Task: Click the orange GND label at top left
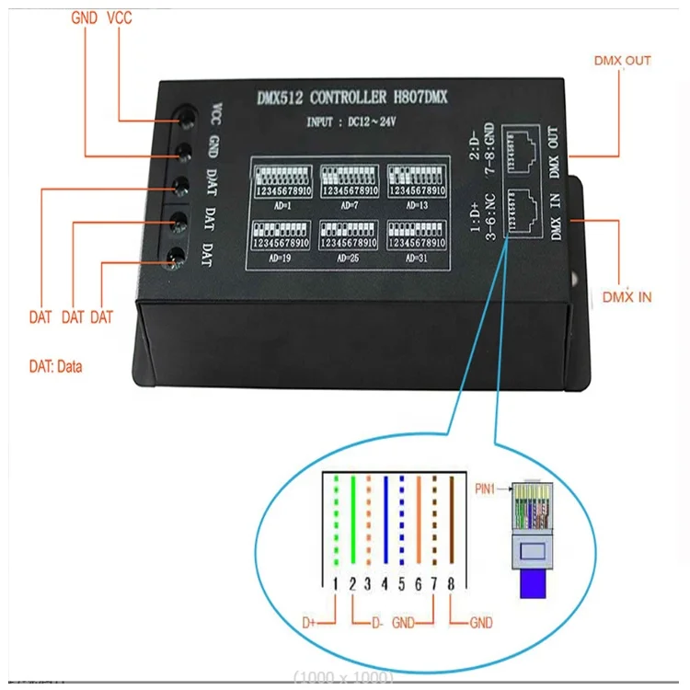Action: [x=85, y=17]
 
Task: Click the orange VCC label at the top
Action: [x=120, y=17]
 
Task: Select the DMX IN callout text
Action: [x=627, y=296]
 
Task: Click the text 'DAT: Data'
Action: [x=55, y=366]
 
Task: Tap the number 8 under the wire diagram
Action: [x=450, y=583]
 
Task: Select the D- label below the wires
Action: [x=376, y=623]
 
